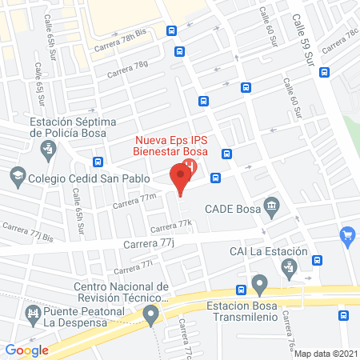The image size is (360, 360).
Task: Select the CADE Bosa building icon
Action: point(272,207)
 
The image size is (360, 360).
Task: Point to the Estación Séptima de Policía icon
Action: point(48,149)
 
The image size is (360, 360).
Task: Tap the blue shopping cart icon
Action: point(347,235)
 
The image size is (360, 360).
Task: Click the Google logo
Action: point(27,350)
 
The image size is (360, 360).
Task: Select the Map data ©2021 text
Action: point(326,353)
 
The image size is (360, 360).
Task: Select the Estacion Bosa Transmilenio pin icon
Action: point(259,284)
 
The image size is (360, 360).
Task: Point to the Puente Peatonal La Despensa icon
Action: point(33,313)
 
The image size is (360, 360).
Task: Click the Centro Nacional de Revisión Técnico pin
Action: point(151,318)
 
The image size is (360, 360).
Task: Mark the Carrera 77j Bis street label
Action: point(26,232)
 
